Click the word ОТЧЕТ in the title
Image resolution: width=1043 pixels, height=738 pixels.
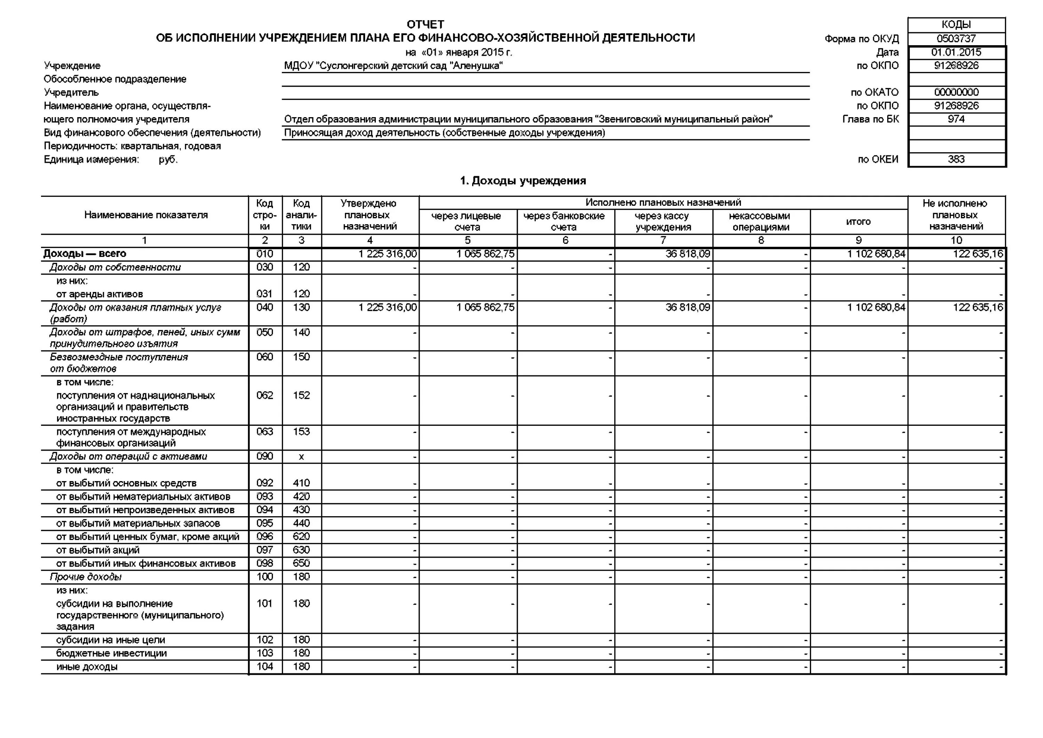click(x=425, y=24)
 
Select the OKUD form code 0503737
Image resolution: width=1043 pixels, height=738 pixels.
click(x=956, y=39)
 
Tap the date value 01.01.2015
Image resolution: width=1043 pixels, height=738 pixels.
click(x=956, y=52)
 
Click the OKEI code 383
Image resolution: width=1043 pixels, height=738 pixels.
click(x=956, y=160)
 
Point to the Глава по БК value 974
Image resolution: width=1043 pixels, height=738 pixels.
click(x=956, y=119)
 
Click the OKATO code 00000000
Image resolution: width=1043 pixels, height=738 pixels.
click(x=956, y=92)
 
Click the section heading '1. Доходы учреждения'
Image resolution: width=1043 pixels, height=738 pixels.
click(x=523, y=181)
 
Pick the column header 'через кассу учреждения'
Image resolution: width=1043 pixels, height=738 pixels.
click(x=663, y=221)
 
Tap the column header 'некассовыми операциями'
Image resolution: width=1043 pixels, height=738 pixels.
click(x=760, y=221)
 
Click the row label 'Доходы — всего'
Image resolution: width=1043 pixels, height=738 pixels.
click(x=85, y=253)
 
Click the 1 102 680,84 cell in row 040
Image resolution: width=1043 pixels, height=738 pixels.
click(x=876, y=308)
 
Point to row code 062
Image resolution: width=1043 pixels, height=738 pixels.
click(x=265, y=395)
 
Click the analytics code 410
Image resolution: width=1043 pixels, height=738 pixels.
click(x=301, y=483)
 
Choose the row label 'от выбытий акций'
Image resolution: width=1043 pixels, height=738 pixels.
click(x=98, y=550)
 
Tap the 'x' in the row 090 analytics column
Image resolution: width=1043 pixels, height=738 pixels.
click(x=301, y=457)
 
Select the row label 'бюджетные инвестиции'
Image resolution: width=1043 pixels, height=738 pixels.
click(x=111, y=654)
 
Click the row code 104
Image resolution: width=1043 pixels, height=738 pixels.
click(x=265, y=667)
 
